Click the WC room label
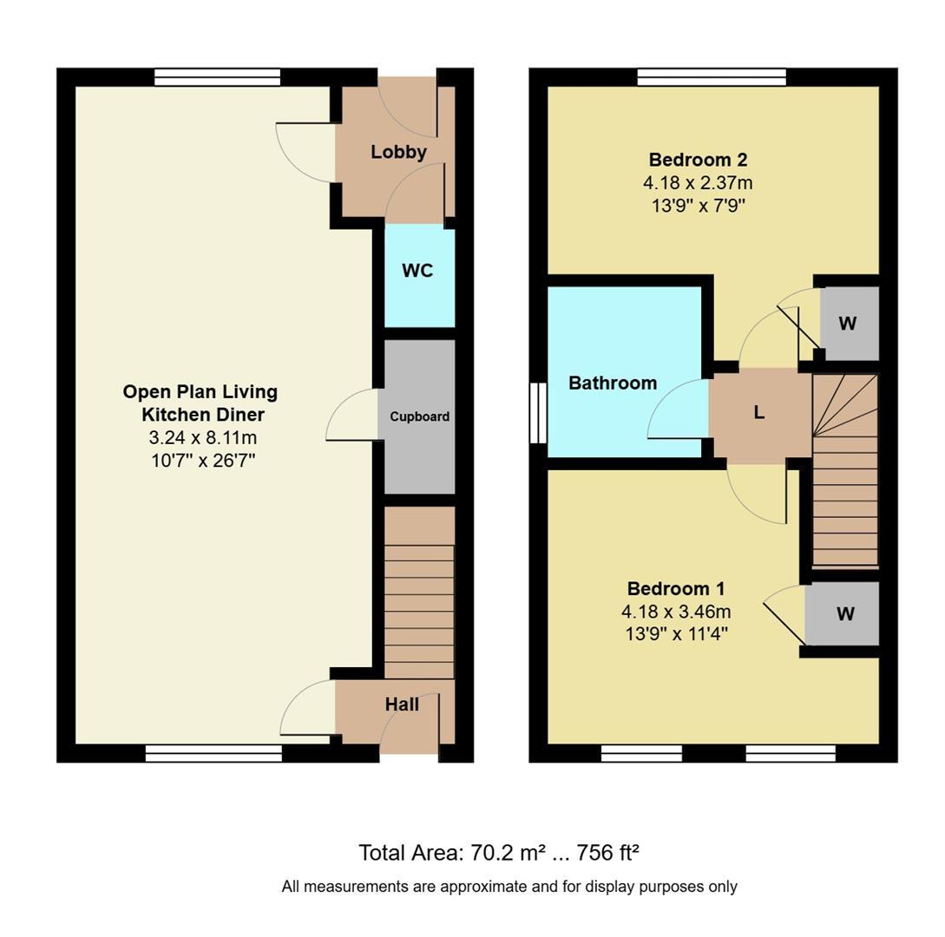[417, 271]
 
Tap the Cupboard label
[419, 416]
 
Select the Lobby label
[398, 152]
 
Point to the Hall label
[402, 704]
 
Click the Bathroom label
[613, 383]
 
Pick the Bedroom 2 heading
[698, 160]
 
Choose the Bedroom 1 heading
[676, 588]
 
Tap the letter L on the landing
[759, 413]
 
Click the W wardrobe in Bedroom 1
[845, 613]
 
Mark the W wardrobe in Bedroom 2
[847, 324]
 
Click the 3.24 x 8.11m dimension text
[202, 437]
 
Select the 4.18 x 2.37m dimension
[698, 182]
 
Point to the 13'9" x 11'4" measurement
[676, 634]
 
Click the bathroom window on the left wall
[538, 413]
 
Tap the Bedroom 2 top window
[712, 77]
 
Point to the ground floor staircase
[419, 593]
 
